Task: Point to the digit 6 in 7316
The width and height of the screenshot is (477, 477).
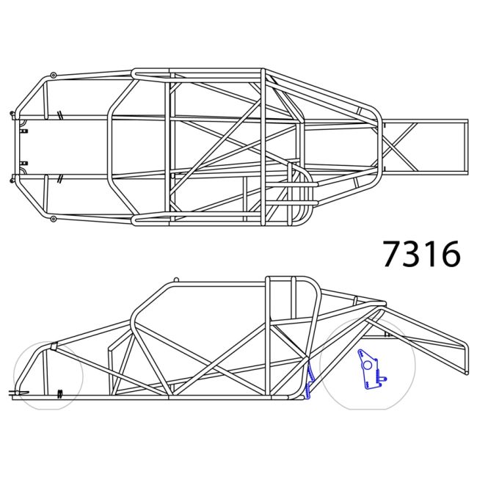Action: pyautogui.click(x=449, y=254)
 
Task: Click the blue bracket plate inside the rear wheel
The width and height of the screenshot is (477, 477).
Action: pyautogui.click(x=368, y=370)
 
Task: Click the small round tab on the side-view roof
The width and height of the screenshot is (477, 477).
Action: pyautogui.click(x=175, y=280)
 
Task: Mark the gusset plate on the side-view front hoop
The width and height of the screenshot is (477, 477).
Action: pyautogui.click(x=53, y=346)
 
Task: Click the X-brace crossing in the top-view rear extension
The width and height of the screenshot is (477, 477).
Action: pyautogui.click(x=398, y=146)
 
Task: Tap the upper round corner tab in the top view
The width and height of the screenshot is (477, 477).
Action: pyautogui.click(x=54, y=75)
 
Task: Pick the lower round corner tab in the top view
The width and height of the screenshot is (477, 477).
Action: pyautogui.click(x=54, y=218)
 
